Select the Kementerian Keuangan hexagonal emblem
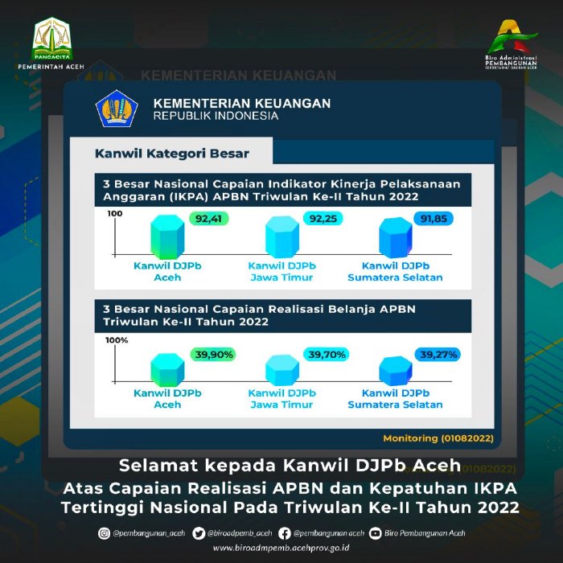(117, 109)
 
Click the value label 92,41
(208, 218)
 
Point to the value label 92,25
(321, 218)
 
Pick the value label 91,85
(434, 218)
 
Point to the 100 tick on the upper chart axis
(113, 214)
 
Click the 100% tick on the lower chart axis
(117, 340)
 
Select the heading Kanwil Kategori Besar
(172, 153)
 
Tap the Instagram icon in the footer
(104, 532)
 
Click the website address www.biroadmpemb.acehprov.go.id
(281, 548)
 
